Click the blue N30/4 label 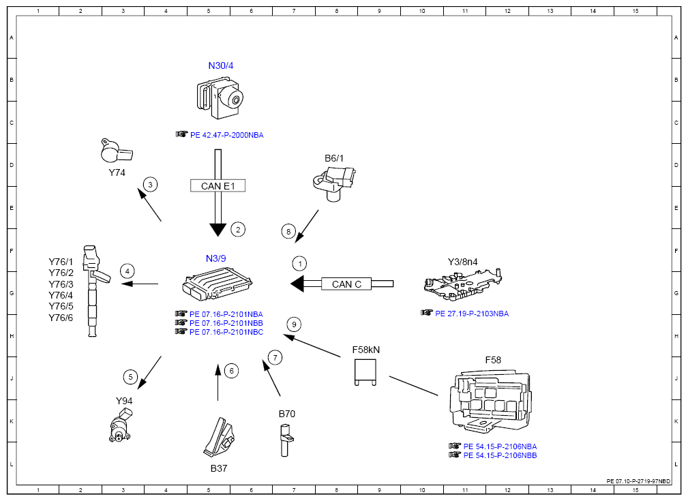pos(221,66)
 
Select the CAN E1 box pos(218,186)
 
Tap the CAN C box pos(346,284)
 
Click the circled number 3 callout pos(151,185)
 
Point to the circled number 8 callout pos(288,232)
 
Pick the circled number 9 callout pos(294,324)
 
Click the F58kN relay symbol pos(365,372)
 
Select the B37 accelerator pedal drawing pos(220,437)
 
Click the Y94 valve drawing pos(121,425)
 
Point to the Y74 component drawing pos(117,151)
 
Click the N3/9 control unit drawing pos(218,284)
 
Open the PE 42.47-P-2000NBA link pos(227,135)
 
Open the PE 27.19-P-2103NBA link pos(472,314)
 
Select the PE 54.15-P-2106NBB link pos(500,455)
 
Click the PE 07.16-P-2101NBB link pos(226,323)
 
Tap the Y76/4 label pos(61,295)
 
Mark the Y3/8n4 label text pos(462,262)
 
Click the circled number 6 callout pos(232,371)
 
